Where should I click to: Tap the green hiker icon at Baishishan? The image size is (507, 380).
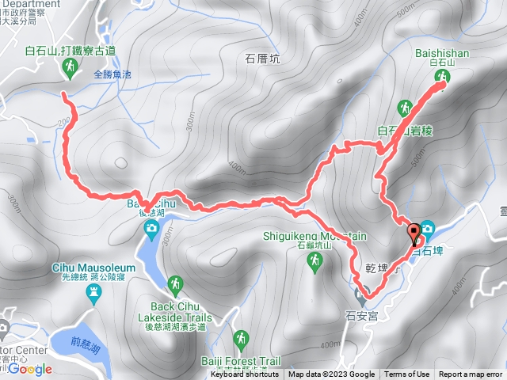pos(442,76)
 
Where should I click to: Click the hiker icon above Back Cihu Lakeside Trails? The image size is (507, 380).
pos(174,283)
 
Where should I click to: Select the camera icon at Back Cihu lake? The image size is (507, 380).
pos(151,229)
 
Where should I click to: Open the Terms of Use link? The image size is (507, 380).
pos(406,374)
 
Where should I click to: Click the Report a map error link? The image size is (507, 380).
pos(471,374)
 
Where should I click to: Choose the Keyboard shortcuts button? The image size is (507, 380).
pos(245,374)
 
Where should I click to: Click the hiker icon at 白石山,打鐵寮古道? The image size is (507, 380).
pos(68,70)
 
